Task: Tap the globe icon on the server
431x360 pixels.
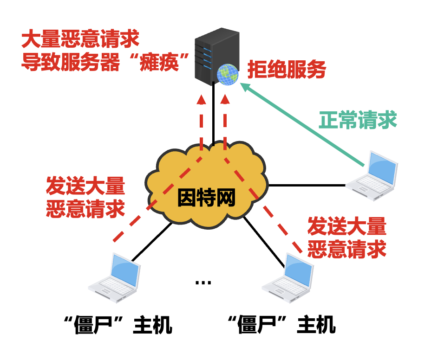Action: [227, 73]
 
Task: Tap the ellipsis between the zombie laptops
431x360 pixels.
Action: [203, 282]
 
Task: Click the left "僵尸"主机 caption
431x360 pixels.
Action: [119, 325]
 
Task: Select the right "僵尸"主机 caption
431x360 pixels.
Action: [282, 325]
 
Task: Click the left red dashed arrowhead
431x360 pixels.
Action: [201, 100]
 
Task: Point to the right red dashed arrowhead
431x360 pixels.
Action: [225, 100]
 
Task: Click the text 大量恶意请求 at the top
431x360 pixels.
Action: [80, 40]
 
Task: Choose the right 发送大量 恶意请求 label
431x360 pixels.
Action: [347, 238]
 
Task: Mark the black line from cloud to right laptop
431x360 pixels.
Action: [307, 185]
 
